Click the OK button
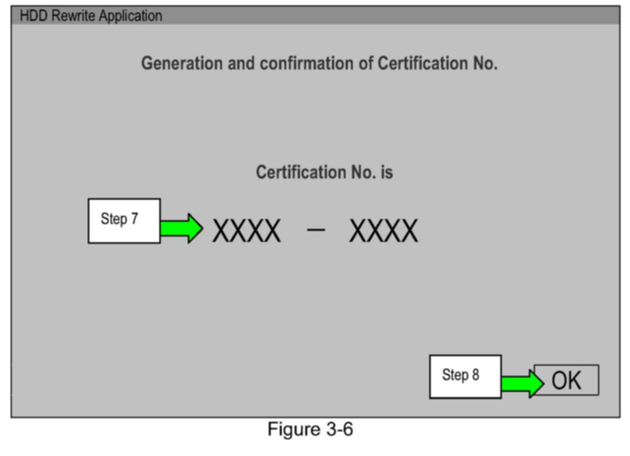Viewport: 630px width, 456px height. (x=566, y=380)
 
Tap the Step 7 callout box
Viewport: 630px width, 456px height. (x=124, y=221)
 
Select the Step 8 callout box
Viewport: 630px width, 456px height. (x=465, y=377)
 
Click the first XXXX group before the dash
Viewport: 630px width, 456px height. (x=247, y=231)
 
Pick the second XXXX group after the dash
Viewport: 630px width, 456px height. (x=384, y=231)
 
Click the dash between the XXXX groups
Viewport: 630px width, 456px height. (x=316, y=229)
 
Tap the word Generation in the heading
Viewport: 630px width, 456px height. (x=182, y=63)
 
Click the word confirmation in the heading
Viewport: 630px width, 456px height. (x=306, y=63)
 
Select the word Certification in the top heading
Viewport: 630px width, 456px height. (x=422, y=63)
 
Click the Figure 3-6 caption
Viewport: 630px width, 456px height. (x=310, y=429)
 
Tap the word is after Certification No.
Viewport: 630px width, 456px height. (x=387, y=172)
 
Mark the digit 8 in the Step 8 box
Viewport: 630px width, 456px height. (x=475, y=375)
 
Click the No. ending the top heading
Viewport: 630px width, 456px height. (x=485, y=63)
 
